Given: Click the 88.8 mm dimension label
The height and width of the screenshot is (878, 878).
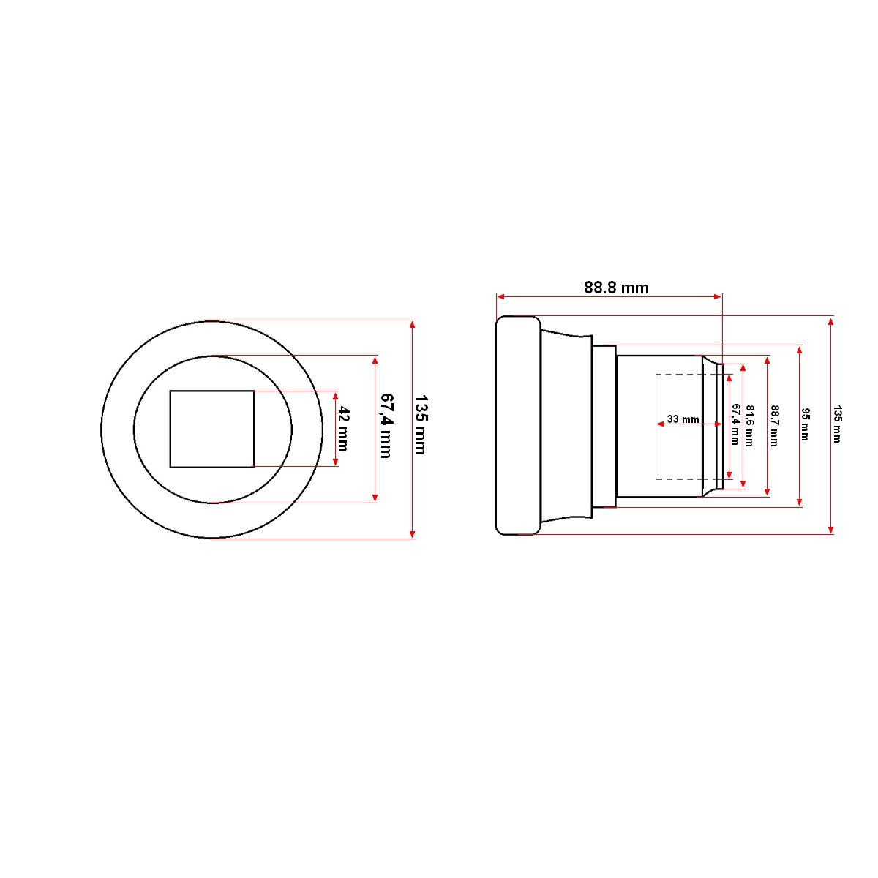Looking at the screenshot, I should click(616, 288).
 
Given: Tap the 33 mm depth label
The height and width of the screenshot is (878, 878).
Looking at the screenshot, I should click(683, 419).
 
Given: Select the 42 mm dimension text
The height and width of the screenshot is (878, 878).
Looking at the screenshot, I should click(342, 429).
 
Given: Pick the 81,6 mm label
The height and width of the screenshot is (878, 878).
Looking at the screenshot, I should click(749, 426).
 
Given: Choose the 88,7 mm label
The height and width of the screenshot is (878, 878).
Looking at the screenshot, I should click(775, 426).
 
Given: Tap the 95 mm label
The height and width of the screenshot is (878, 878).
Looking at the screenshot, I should click(805, 424).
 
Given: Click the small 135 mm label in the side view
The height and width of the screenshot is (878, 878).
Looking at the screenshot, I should click(838, 424).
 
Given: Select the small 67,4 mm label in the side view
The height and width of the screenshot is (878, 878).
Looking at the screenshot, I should click(736, 424).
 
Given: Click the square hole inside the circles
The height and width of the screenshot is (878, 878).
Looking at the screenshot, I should click(212, 429).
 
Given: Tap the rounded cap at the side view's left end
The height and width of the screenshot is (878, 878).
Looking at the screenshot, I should click(518, 426).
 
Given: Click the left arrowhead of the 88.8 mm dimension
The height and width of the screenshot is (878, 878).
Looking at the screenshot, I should click(500, 296).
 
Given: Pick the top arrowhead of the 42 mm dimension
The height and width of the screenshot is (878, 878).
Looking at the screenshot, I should click(336, 396).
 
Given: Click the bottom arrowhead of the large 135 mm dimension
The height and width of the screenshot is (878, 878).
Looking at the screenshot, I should click(413, 534).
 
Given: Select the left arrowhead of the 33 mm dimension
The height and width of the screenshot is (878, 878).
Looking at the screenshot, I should click(661, 424).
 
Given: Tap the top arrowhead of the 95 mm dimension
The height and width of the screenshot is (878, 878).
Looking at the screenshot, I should click(798, 350).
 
